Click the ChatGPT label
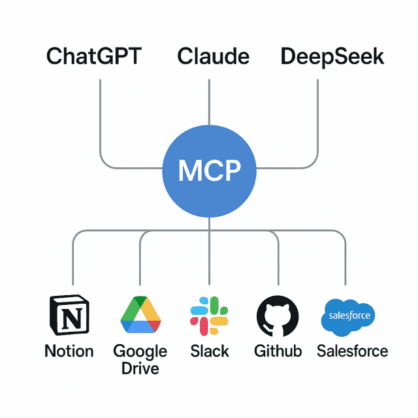pyautogui.click(x=93, y=57)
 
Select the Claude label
pyautogui.click(x=214, y=57)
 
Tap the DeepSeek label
pyautogui.click(x=332, y=57)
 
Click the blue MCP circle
pyautogui.click(x=209, y=170)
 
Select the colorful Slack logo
pyautogui.click(x=209, y=316)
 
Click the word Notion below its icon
pyautogui.click(x=69, y=351)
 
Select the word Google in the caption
pyautogui.click(x=140, y=351)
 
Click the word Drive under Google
pyautogui.click(x=140, y=368)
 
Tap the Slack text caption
pyautogui.click(x=210, y=351)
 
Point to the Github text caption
pyautogui.click(x=278, y=351)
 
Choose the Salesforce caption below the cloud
pyautogui.click(x=352, y=351)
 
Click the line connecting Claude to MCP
pyautogui.click(x=209, y=104)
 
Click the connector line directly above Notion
pyautogui.click(x=72, y=261)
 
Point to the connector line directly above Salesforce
pyautogui.click(x=346, y=261)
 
